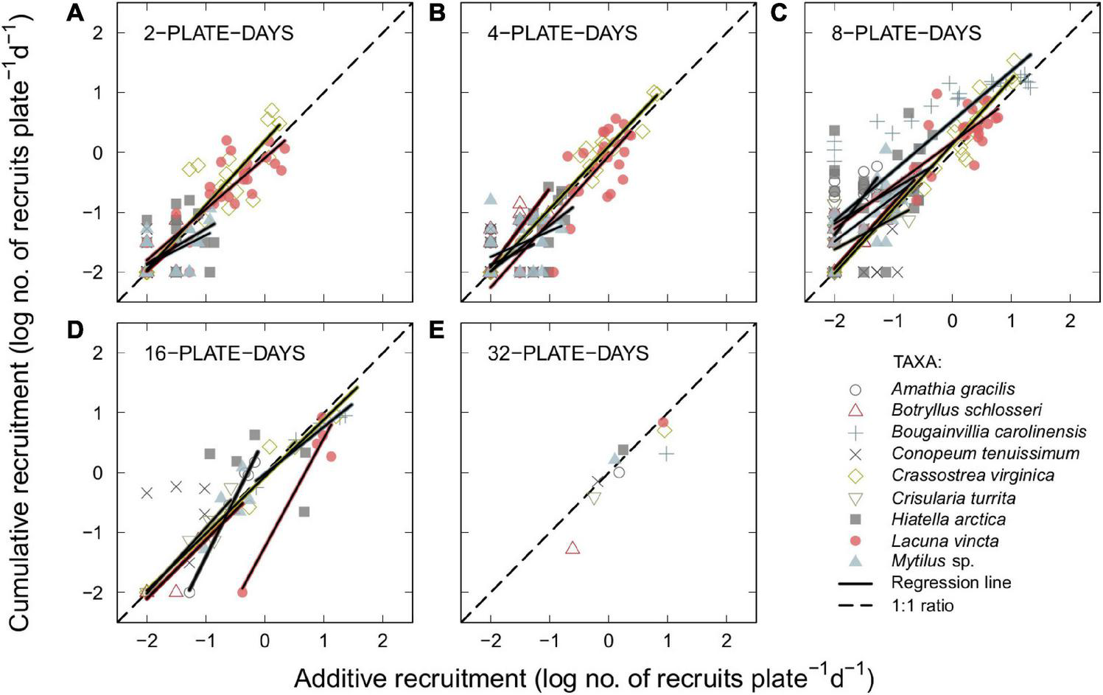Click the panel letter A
[x=74, y=13]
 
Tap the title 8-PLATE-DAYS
[x=906, y=33]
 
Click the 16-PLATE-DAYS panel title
[x=224, y=353]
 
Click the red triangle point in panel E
[x=572, y=548]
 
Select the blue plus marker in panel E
[x=666, y=454]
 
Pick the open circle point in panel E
[x=619, y=472]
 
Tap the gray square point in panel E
[x=623, y=450]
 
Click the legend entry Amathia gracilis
[x=953, y=388]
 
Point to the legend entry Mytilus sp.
[x=932, y=561]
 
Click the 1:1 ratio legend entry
[x=922, y=605]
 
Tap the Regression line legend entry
[x=950, y=582]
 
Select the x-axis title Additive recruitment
[x=584, y=677]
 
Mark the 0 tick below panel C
[x=952, y=321]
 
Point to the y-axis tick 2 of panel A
[x=97, y=32]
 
